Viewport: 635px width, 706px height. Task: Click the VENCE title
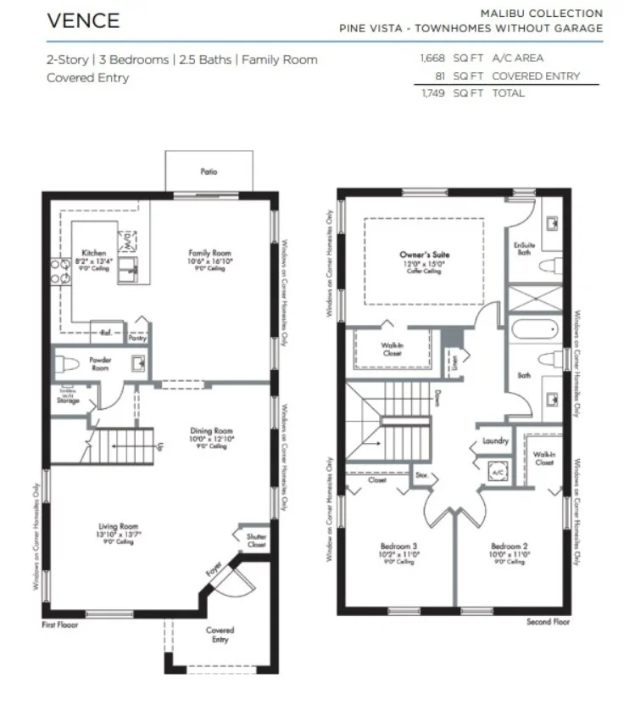point(83,20)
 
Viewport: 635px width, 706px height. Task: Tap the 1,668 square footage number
point(433,59)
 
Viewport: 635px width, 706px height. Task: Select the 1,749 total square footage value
point(433,92)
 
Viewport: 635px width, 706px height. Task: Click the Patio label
point(209,171)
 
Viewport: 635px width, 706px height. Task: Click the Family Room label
point(209,253)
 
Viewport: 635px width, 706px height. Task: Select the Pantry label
point(137,338)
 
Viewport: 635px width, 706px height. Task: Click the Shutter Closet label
point(256,541)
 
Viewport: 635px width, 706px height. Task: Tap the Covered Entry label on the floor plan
point(220,635)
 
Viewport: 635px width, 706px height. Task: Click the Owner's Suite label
point(425,255)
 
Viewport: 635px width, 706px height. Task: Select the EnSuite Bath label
point(526,249)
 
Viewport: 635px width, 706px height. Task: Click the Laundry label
point(494,441)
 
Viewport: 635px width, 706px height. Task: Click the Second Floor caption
point(548,622)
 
